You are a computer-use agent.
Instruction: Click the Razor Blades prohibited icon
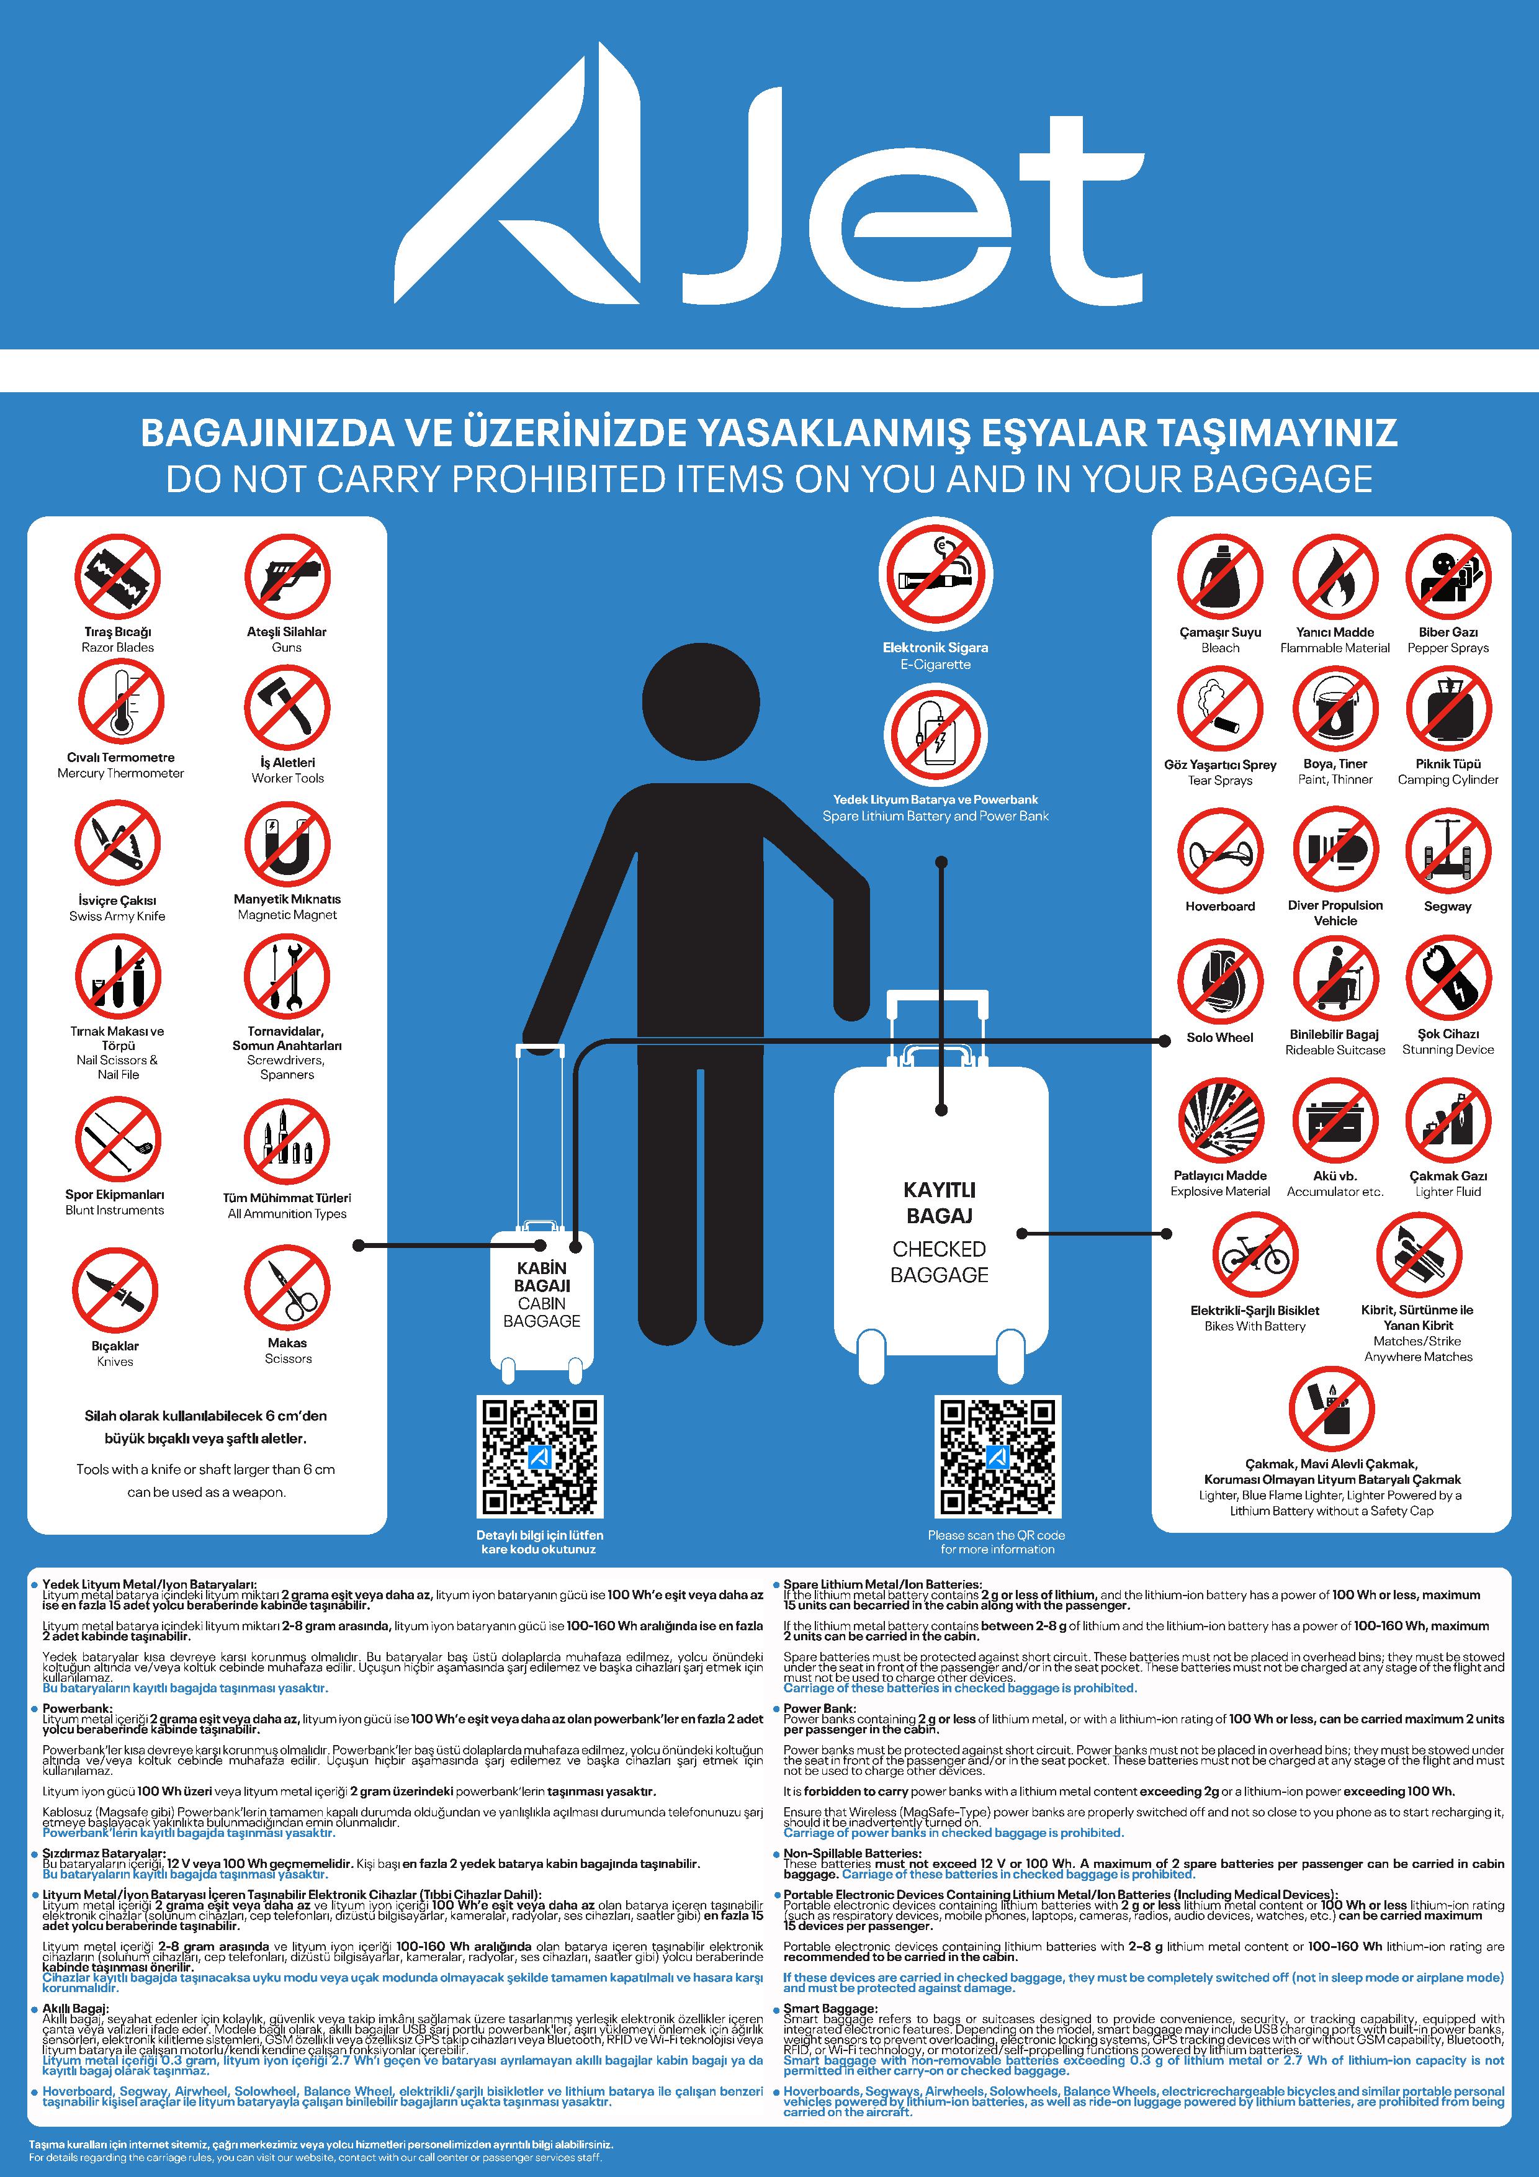coord(117,577)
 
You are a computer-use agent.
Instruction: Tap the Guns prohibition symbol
coord(287,577)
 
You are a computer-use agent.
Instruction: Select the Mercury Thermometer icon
coord(120,702)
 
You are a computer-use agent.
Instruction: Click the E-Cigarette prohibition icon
coord(935,575)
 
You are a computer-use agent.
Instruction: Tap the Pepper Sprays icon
coord(1448,577)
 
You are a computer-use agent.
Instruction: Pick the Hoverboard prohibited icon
coord(1221,851)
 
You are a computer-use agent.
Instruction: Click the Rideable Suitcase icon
coord(1335,981)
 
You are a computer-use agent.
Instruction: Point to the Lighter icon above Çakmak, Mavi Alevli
coord(1331,1409)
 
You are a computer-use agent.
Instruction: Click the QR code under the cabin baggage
coord(539,1457)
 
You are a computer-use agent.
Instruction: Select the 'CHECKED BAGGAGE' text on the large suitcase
coord(940,1262)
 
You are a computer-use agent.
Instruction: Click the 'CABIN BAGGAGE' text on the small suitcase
coord(542,1313)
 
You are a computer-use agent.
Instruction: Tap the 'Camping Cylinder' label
coord(1448,779)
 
